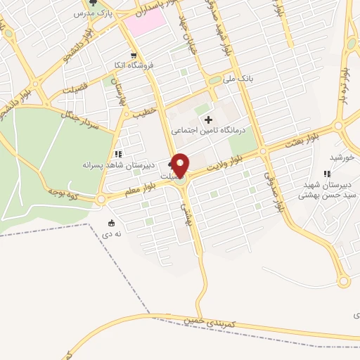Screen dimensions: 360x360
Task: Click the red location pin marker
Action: point(181,165)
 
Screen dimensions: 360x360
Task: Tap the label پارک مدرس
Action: point(94,13)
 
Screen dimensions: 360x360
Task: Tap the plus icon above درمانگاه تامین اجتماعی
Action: point(208,120)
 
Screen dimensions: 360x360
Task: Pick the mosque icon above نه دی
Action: point(109,224)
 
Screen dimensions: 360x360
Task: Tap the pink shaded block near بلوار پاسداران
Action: point(144,22)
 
